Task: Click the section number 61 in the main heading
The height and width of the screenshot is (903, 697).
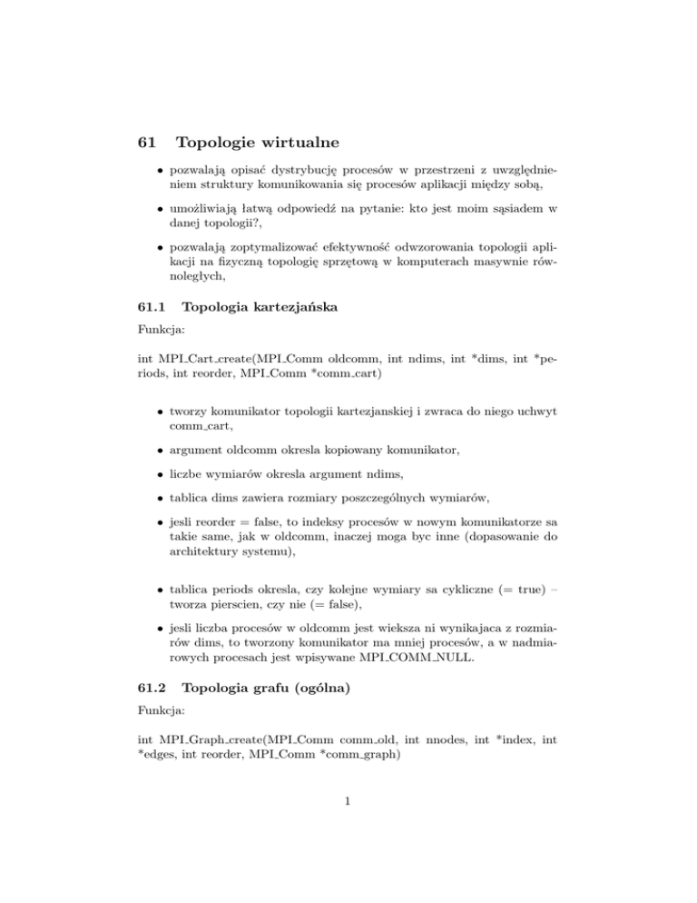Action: [144, 143]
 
